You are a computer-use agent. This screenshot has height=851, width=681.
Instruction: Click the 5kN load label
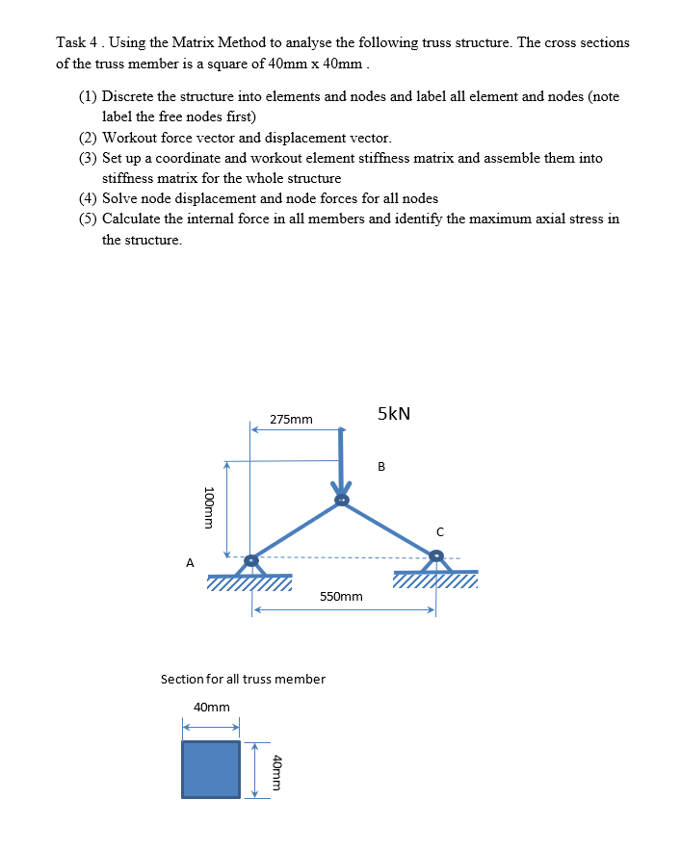point(394,413)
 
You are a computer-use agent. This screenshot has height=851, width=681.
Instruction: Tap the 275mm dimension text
point(291,420)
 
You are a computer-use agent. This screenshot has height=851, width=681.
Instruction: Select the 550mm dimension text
point(341,597)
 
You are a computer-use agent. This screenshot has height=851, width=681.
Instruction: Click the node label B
point(381,468)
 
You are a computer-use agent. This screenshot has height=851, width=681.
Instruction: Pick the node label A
point(190,562)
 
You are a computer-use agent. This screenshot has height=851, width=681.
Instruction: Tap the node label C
point(440,530)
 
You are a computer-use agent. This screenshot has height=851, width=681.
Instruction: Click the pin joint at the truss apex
point(341,500)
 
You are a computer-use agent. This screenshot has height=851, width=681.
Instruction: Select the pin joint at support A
point(251,560)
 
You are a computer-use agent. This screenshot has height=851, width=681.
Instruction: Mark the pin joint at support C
point(436,556)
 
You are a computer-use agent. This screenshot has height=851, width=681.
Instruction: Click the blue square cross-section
point(211,769)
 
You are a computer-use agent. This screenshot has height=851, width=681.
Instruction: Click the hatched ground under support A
point(249,583)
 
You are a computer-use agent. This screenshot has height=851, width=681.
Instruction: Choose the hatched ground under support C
point(435,580)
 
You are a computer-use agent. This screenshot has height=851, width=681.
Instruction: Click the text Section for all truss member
point(243,679)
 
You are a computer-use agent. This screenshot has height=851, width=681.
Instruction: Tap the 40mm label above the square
point(212,707)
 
